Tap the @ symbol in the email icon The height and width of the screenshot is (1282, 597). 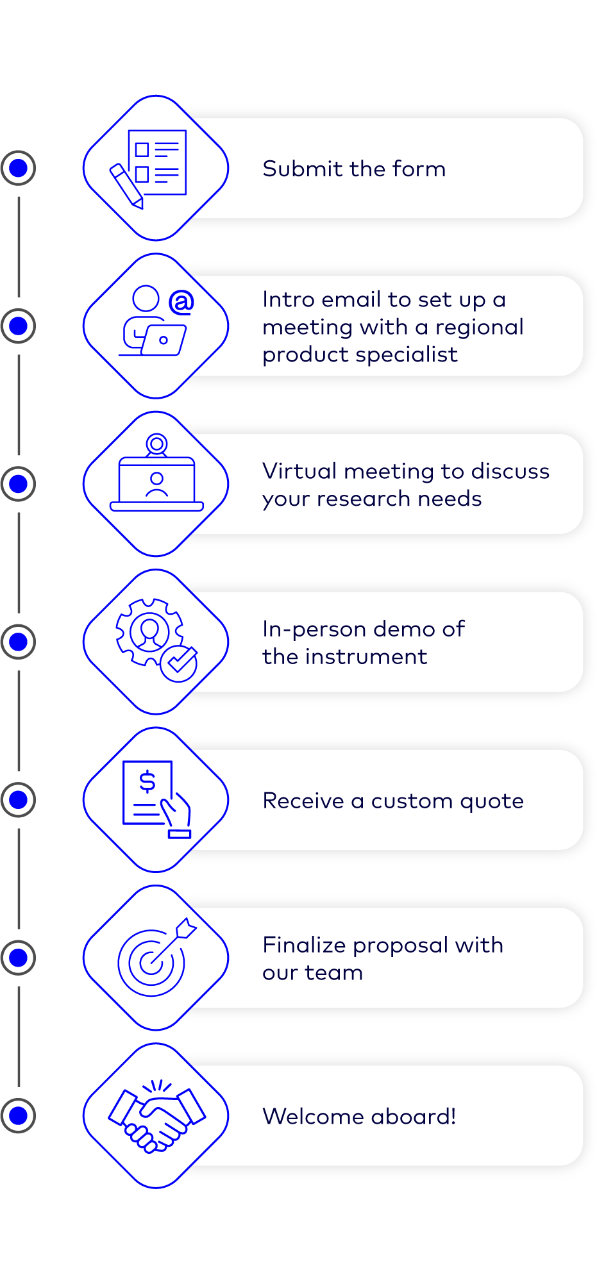pyautogui.click(x=181, y=302)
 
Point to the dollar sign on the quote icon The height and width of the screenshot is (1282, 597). pyautogui.click(x=147, y=781)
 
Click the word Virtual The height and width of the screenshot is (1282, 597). pyautogui.click(x=299, y=471)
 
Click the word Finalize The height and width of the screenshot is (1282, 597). pyautogui.click(x=304, y=945)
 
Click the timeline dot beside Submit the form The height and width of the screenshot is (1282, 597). pyautogui.click(x=19, y=168)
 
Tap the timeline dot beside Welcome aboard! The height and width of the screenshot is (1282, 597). pyautogui.click(x=19, y=1116)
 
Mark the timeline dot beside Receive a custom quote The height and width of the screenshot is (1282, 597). pyautogui.click(x=19, y=800)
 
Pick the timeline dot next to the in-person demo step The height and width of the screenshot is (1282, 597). pyautogui.click(x=19, y=642)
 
